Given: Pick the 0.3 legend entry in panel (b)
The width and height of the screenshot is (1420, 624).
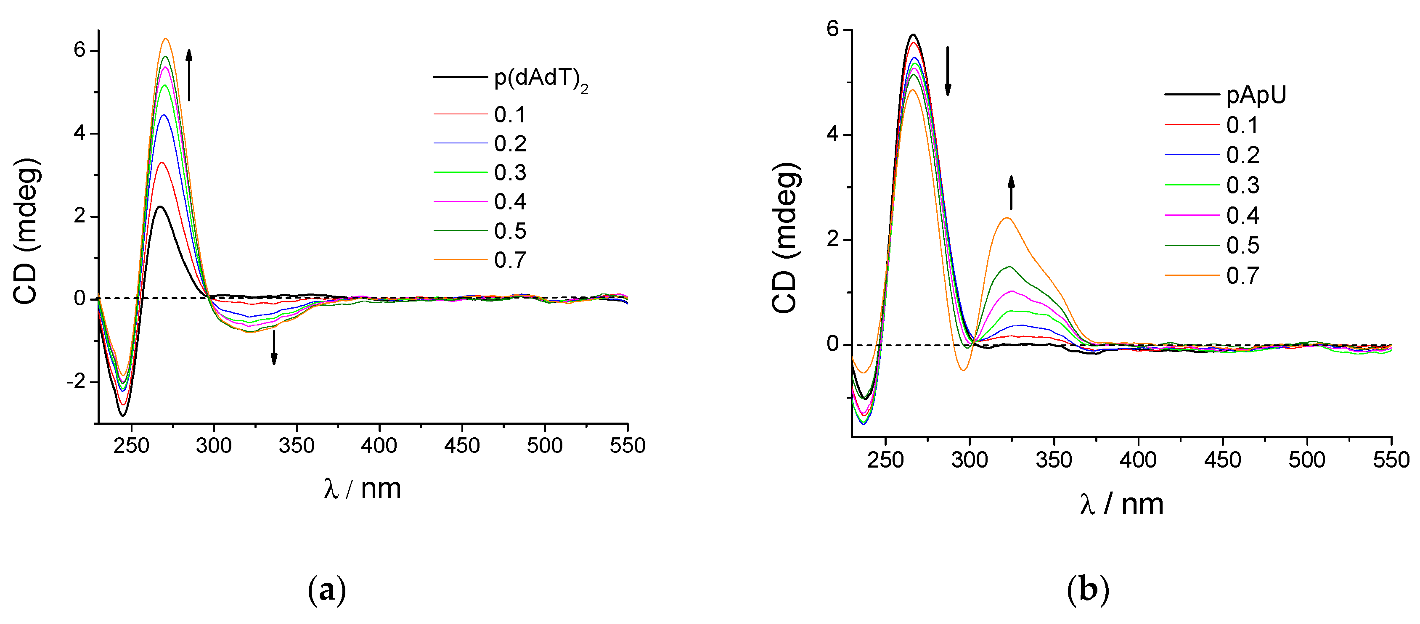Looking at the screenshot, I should coord(1242,185).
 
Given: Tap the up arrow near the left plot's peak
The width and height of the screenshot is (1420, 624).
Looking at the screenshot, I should coord(189,75).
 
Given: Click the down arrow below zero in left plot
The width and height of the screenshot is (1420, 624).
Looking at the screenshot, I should coord(274,347).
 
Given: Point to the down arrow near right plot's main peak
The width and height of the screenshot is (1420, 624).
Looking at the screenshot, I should coord(948,71).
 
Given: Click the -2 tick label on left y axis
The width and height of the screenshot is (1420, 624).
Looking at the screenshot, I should coord(77,381).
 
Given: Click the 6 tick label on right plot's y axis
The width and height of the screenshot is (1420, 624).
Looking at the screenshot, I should coord(832,29).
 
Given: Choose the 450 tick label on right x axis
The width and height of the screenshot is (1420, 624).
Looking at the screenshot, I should coord(1222,460).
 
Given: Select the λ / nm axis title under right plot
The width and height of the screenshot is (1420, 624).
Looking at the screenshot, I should coord(1121,504).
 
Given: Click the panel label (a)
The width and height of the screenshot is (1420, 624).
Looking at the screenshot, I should coord(327,590).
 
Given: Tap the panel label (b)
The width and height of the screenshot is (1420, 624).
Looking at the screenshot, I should coord(1088,590).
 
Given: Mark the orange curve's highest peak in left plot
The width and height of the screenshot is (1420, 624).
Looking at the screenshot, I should coord(165,39).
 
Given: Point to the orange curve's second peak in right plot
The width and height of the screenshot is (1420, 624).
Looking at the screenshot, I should coord(1007,218).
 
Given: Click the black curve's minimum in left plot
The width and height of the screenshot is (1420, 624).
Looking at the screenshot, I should coord(123,415).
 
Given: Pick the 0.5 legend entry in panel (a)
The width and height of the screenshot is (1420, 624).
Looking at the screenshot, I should coord(510,231).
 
